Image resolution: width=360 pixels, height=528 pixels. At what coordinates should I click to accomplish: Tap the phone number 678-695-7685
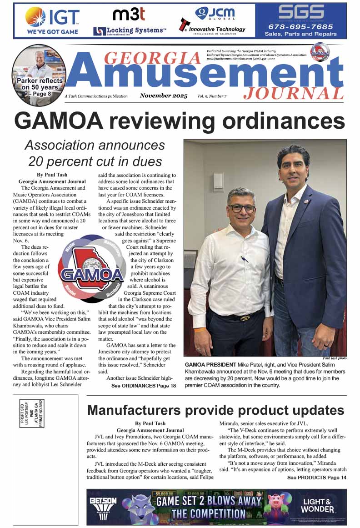pyautogui.click(x=300, y=27)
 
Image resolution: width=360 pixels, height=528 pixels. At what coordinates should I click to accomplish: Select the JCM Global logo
pyautogui.click(x=215, y=13)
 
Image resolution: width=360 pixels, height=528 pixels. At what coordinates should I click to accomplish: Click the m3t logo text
pyautogui.click(x=129, y=15)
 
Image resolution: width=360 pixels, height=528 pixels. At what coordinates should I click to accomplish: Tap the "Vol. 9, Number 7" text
pyautogui.click(x=212, y=96)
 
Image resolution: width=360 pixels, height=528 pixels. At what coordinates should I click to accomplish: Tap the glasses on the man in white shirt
pyautogui.click(x=242, y=208)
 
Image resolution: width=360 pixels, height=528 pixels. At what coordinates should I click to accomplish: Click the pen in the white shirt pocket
pyautogui.click(x=245, y=260)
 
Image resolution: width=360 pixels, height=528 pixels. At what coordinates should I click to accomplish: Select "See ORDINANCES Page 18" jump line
pyautogui.click(x=144, y=386)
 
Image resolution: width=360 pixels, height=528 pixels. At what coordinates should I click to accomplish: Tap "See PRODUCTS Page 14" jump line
pyautogui.click(x=317, y=478)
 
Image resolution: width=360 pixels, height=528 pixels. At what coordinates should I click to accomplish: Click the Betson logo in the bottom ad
pyautogui.click(x=103, y=505)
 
